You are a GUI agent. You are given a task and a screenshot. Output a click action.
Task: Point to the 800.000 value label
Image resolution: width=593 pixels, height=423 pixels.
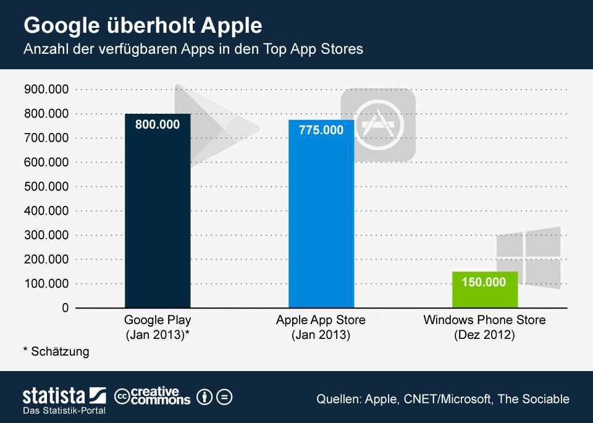[x=158, y=124]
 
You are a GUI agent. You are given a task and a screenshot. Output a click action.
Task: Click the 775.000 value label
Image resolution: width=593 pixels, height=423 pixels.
[x=321, y=130]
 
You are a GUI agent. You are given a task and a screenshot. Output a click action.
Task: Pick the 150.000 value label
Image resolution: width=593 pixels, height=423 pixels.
[x=485, y=283]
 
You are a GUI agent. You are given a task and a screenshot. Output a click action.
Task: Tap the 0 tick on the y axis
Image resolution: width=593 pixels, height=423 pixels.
[x=64, y=308]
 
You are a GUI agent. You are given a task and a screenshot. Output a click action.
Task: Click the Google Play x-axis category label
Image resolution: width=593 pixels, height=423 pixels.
[x=158, y=327]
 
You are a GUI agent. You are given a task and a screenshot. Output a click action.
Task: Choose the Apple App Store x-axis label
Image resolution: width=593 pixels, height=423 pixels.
[x=321, y=327]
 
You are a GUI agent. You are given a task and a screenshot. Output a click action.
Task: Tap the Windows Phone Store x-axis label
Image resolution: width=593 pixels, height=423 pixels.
[x=485, y=327]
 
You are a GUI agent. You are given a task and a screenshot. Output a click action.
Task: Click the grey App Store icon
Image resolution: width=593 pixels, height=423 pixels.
[x=378, y=124]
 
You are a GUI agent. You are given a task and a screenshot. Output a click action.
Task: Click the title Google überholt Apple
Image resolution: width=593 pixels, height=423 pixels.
[x=143, y=26]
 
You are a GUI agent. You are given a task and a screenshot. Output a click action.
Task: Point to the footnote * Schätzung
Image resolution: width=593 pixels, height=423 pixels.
[x=56, y=352]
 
